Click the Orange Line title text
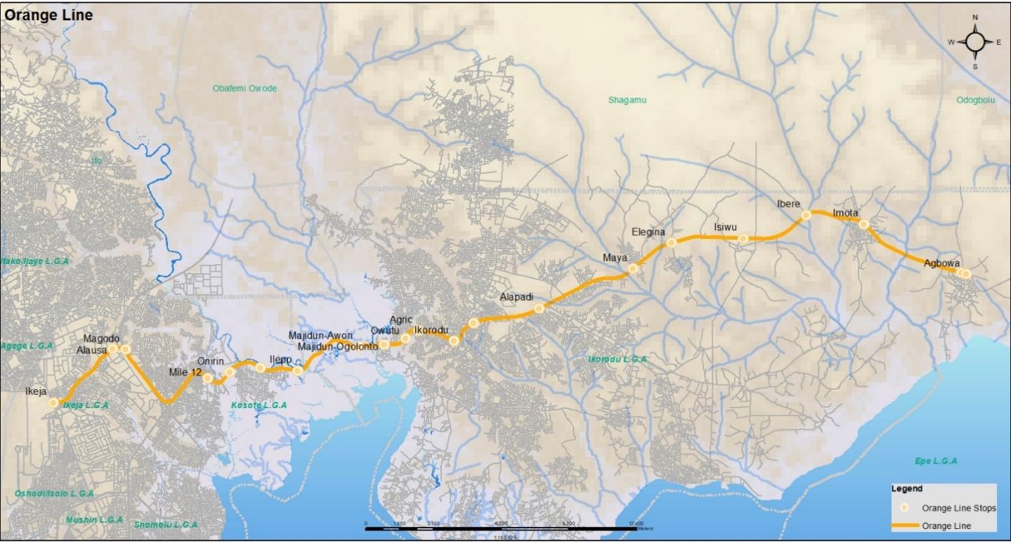point(48,15)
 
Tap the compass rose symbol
point(975,41)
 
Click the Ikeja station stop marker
point(53,403)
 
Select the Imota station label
point(847,213)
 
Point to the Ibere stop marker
point(807,215)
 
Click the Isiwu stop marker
point(743,238)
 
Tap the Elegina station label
point(648,232)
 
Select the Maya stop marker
point(633,268)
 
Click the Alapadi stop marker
point(539,308)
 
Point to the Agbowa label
point(941,263)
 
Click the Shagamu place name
point(627,100)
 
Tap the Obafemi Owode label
point(244,89)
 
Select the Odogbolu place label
point(975,100)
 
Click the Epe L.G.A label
point(935,462)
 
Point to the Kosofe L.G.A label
point(259,405)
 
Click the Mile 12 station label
point(185,372)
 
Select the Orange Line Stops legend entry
point(958,508)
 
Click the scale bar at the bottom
point(501,527)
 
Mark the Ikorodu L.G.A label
point(617,359)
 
